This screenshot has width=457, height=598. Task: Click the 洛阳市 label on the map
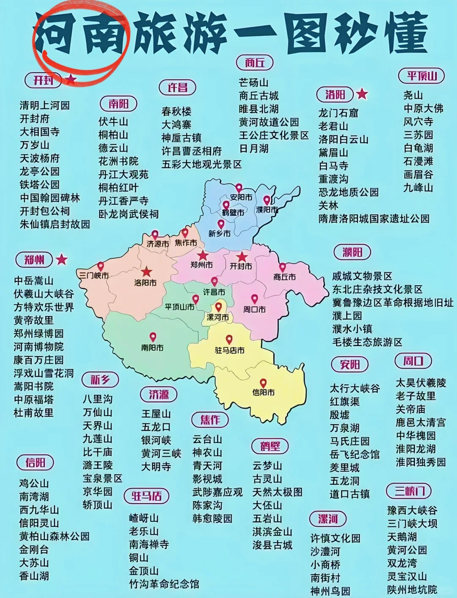(x=145, y=282)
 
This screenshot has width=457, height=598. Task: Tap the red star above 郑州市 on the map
(x=203, y=255)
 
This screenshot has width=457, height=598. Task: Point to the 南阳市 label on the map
(x=152, y=347)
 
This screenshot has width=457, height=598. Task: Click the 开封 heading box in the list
(x=44, y=80)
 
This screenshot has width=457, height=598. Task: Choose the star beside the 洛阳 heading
(x=362, y=94)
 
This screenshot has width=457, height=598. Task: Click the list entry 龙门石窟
(x=338, y=113)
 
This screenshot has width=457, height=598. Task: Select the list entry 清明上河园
(x=44, y=105)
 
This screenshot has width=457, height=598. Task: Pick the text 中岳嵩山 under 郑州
(x=33, y=281)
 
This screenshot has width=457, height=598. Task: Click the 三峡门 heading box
(x=409, y=491)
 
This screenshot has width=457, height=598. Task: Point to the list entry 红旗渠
(x=344, y=402)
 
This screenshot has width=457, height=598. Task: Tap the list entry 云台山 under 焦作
(x=207, y=439)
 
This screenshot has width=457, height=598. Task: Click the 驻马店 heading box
(x=146, y=496)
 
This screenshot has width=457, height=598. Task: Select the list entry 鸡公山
(x=34, y=483)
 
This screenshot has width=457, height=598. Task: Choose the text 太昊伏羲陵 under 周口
(x=421, y=383)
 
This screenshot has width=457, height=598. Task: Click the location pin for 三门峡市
(x=100, y=267)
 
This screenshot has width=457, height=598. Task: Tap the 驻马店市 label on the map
(x=229, y=350)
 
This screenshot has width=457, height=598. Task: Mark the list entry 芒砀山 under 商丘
(x=253, y=83)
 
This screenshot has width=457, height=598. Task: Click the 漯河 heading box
(x=328, y=519)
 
